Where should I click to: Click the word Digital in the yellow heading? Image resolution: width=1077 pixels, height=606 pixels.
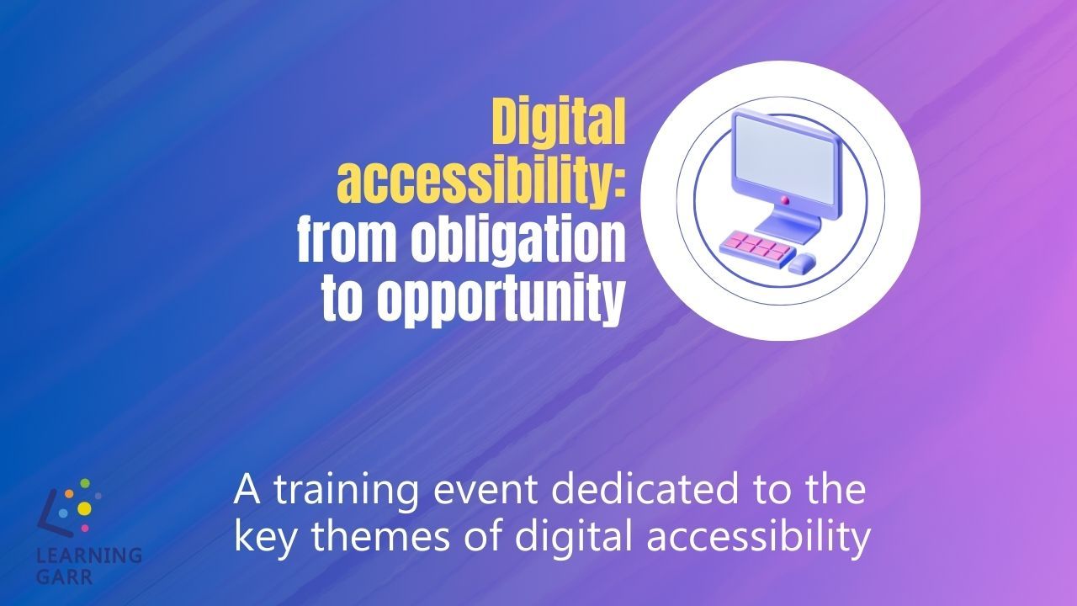pos(559,123)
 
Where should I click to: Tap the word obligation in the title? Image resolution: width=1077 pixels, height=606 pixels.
pos(518,242)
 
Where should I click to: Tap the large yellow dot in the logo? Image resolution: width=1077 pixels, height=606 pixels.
pos(84,508)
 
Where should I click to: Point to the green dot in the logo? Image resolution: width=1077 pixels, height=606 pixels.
pos(85,483)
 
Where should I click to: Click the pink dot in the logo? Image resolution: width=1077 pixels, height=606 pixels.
pos(85,528)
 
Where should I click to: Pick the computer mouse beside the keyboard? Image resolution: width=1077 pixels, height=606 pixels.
pos(802,263)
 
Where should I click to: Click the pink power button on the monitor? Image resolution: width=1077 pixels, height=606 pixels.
pos(785,200)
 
